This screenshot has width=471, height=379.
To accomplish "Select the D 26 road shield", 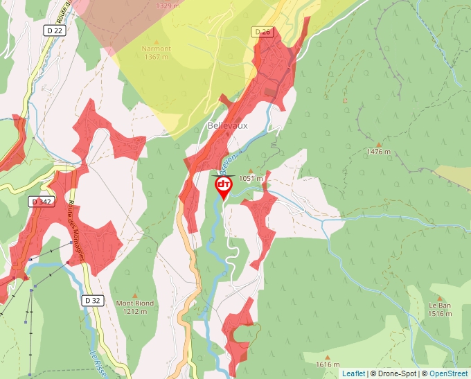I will [x=263, y=32].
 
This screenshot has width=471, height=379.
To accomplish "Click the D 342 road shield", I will [x=42, y=202].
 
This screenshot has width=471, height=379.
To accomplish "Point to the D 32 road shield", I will [x=91, y=300].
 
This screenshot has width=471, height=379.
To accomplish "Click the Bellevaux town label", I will [x=227, y=125].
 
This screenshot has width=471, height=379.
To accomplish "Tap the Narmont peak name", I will [x=156, y=49].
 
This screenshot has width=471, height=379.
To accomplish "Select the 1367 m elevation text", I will [x=156, y=57].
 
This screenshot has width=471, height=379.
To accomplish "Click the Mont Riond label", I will [x=135, y=303].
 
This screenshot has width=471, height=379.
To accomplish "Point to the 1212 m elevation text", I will [x=135, y=311].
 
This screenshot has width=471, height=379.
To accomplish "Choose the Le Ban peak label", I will [x=440, y=305].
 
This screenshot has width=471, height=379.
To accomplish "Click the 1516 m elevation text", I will [x=440, y=313].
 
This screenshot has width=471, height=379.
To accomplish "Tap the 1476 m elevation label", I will [x=379, y=151].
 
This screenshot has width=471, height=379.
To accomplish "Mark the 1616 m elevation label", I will [x=327, y=364].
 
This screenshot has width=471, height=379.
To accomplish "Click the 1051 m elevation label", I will [x=251, y=178].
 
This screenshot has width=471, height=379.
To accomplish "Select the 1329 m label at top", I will [x=168, y=6].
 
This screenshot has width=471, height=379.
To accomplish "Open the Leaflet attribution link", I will [x=353, y=373].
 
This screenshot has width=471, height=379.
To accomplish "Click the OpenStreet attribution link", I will [x=448, y=373].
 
